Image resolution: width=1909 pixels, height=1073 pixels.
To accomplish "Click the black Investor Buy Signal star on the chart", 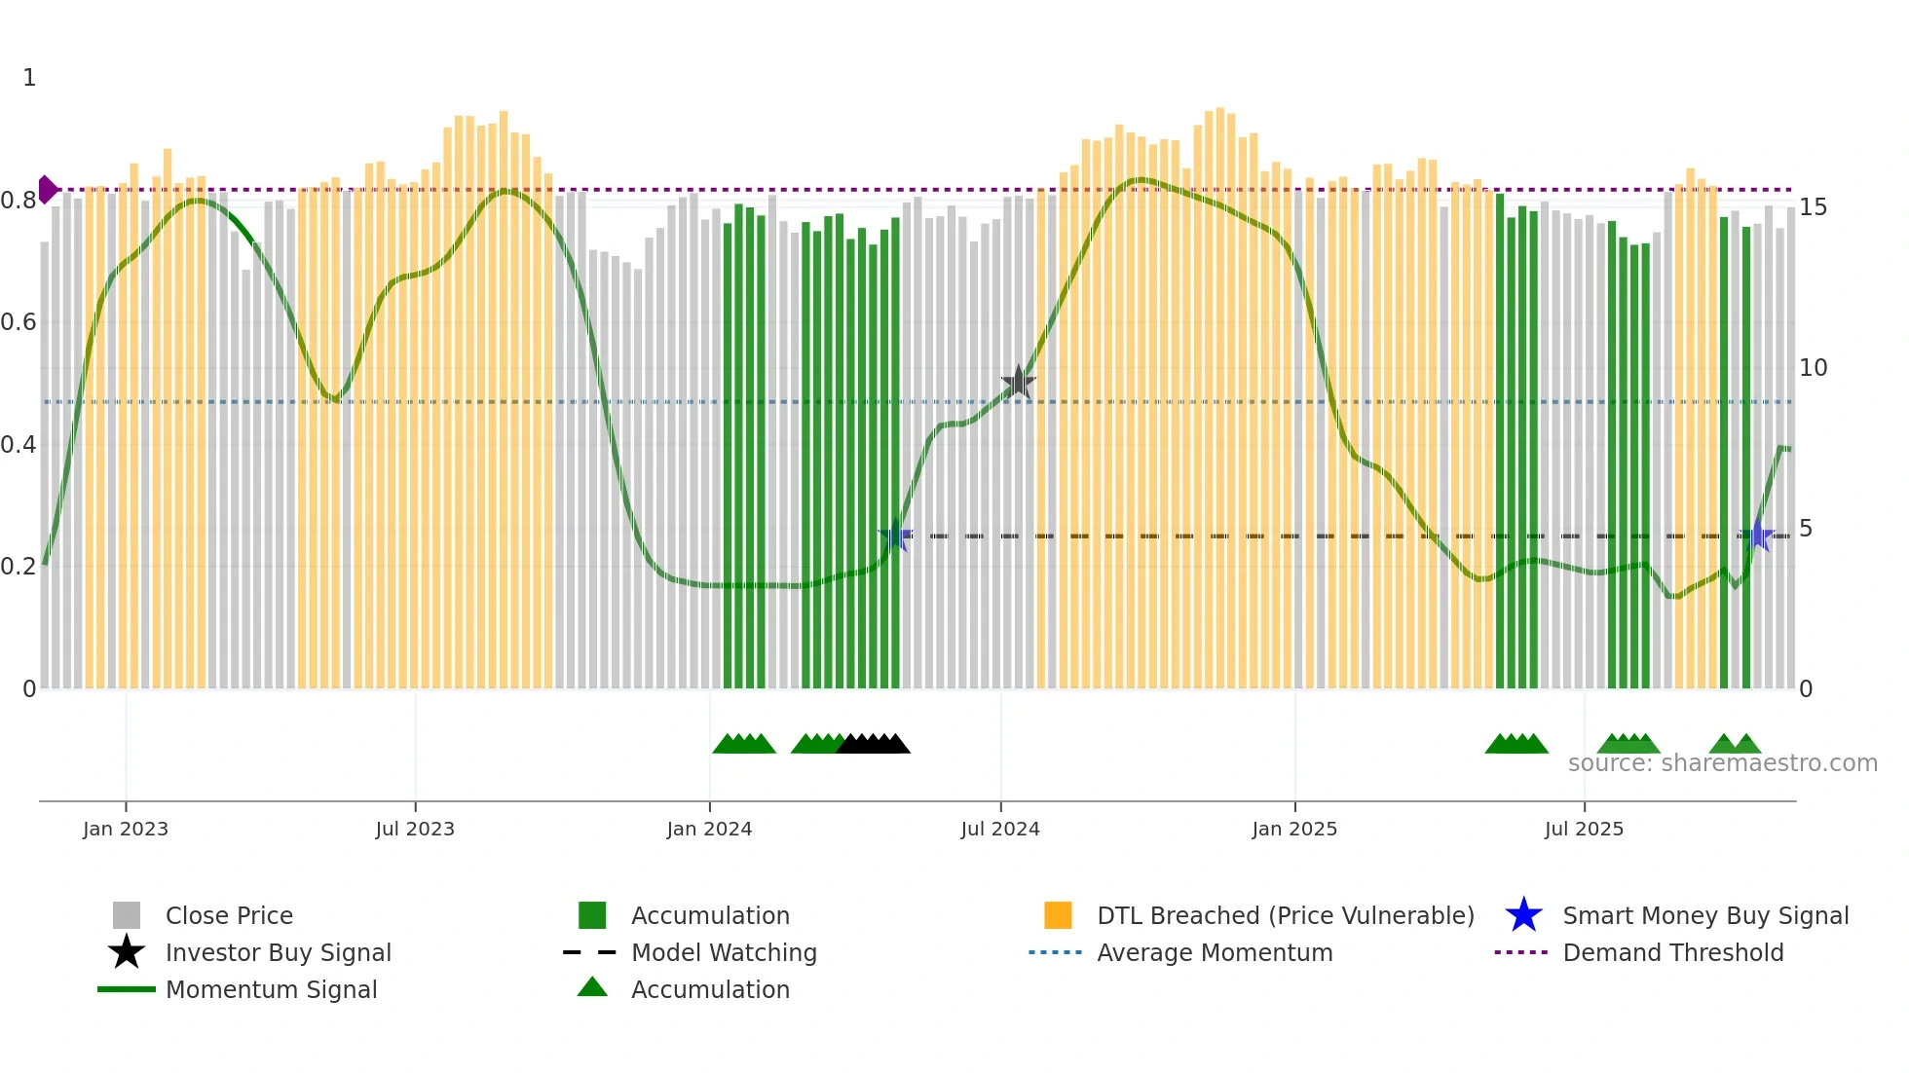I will click(1018, 383).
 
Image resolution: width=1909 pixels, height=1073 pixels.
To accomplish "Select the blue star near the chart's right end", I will click(1758, 536).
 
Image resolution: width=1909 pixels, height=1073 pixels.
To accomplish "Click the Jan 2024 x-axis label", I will click(709, 829).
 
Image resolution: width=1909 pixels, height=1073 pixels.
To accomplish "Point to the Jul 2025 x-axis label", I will click(1584, 829).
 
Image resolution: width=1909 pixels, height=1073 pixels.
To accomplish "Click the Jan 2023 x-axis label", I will click(126, 829).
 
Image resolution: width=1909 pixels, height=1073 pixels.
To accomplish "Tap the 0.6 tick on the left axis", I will click(19, 322).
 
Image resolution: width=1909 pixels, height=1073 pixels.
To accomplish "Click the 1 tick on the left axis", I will click(29, 78).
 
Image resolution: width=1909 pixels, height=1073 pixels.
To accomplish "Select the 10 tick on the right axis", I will click(1813, 368).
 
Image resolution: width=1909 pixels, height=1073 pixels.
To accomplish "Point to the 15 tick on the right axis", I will click(1813, 207).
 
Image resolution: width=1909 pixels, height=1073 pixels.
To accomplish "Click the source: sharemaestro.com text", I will click(1722, 763).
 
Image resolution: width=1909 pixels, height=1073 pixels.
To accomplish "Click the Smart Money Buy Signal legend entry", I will click(1704, 915).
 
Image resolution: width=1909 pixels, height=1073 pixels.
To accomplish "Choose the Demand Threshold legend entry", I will click(1672, 952).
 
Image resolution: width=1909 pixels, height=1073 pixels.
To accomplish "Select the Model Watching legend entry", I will click(723, 952).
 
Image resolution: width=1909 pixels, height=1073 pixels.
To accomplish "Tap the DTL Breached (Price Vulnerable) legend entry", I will click(1285, 915).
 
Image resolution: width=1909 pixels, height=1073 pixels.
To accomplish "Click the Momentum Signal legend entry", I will click(271, 989).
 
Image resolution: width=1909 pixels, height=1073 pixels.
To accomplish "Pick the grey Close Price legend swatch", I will click(127, 915).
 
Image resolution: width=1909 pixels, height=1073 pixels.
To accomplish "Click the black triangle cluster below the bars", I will click(874, 744).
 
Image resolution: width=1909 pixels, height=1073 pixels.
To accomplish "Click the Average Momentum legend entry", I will click(1214, 952).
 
